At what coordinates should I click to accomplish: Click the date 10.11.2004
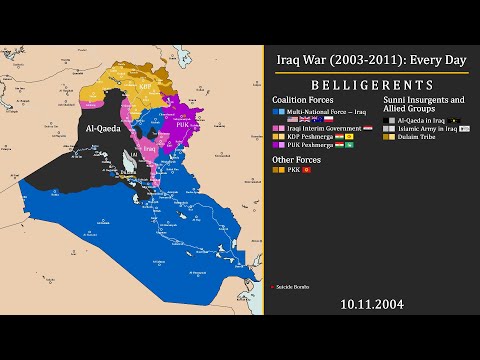pos(371,303)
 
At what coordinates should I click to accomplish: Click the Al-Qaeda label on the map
pos(105,129)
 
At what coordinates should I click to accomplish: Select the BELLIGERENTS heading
pos(371,85)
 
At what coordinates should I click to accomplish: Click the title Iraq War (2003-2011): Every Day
pos(371,60)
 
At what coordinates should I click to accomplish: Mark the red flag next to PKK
pos(307,171)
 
